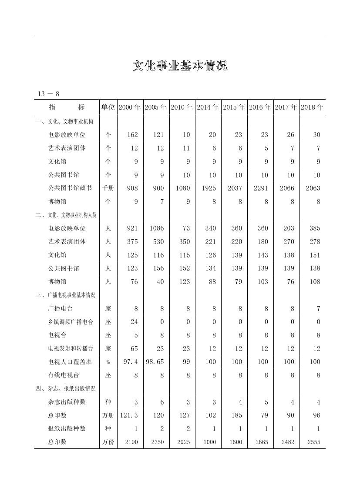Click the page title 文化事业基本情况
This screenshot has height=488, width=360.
tap(180, 66)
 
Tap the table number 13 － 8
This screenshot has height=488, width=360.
tap(48, 94)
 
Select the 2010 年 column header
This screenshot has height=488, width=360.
tap(182, 107)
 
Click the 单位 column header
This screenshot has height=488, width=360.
tap(108, 107)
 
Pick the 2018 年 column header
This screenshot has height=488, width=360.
tap(312, 107)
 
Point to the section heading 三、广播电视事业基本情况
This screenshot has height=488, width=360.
tap(65, 295)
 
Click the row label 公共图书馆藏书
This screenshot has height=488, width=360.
tap(70, 188)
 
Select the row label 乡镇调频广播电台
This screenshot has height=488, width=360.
tap(70, 322)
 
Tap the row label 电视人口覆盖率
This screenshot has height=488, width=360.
tap(70, 362)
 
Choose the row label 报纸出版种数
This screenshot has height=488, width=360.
tap(67, 428)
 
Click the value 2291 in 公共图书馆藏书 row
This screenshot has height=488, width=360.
tap(259, 188)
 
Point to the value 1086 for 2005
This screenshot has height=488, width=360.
tap(156, 228)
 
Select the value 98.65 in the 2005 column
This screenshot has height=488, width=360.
tap(155, 362)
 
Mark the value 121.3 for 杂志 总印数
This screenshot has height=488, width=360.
tap(129, 415)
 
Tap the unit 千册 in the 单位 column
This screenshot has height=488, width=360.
tap(108, 188)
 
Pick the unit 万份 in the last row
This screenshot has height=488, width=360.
tap(108, 442)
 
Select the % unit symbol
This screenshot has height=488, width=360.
tap(108, 362)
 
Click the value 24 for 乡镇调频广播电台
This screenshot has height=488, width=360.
tap(134, 322)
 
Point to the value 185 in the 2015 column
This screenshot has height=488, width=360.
tap(236, 415)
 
